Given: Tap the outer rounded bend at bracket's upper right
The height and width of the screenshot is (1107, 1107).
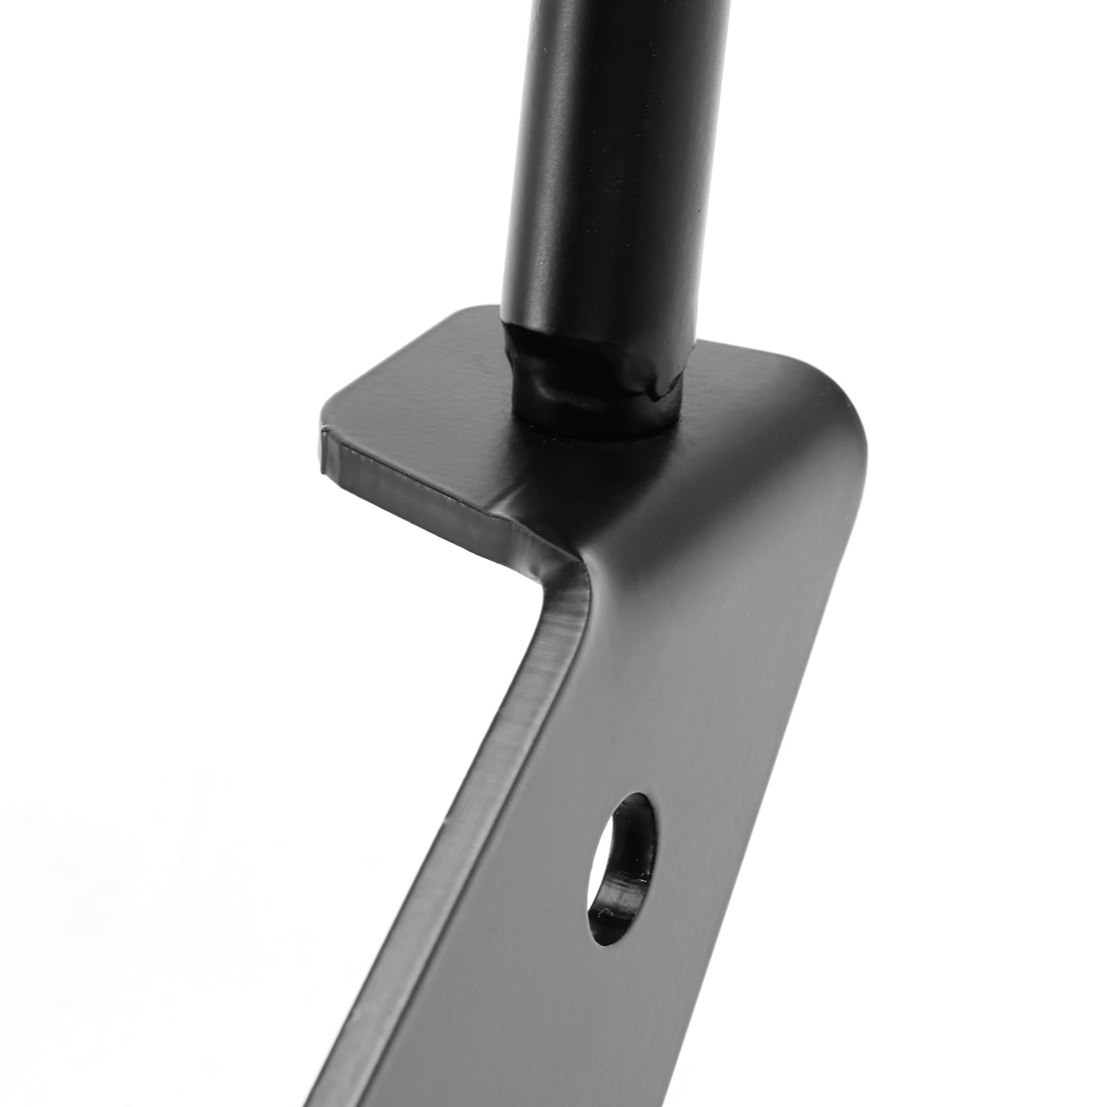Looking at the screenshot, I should click(x=851, y=429).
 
